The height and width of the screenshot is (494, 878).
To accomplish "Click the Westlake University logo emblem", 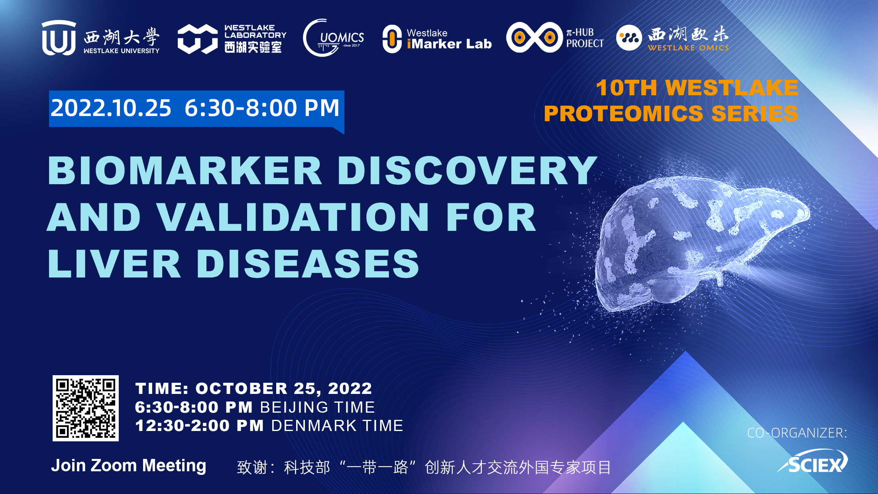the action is [x=59, y=38].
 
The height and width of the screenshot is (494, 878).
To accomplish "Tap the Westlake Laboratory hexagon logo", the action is [x=198, y=39].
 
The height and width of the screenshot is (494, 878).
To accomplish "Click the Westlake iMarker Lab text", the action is [x=449, y=39].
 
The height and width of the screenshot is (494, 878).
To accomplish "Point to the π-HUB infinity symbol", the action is [x=534, y=37].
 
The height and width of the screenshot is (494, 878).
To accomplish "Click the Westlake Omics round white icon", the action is [x=629, y=38].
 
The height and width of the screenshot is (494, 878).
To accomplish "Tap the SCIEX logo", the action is [x=813, y=462].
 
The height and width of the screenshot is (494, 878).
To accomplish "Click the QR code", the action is [x=86, y=408].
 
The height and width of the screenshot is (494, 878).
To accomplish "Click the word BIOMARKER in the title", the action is [x=185, y=171].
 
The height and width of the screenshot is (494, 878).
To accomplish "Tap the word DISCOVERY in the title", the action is [x=467, y=171].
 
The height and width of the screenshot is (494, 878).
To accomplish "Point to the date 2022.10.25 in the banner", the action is [x=111, y=108].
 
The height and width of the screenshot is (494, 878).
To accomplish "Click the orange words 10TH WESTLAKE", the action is [x=697, y=88].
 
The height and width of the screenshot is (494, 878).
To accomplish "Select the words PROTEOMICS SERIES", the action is [x=671, y=113].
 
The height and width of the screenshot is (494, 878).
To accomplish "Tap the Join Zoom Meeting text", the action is [x=129, y=466].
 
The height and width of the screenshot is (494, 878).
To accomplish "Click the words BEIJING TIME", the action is [x=318, y=407].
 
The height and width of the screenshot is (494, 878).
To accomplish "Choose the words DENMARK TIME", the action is [x=337, y=426].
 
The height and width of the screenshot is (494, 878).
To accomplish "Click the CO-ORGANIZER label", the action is [x=797, y=433].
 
